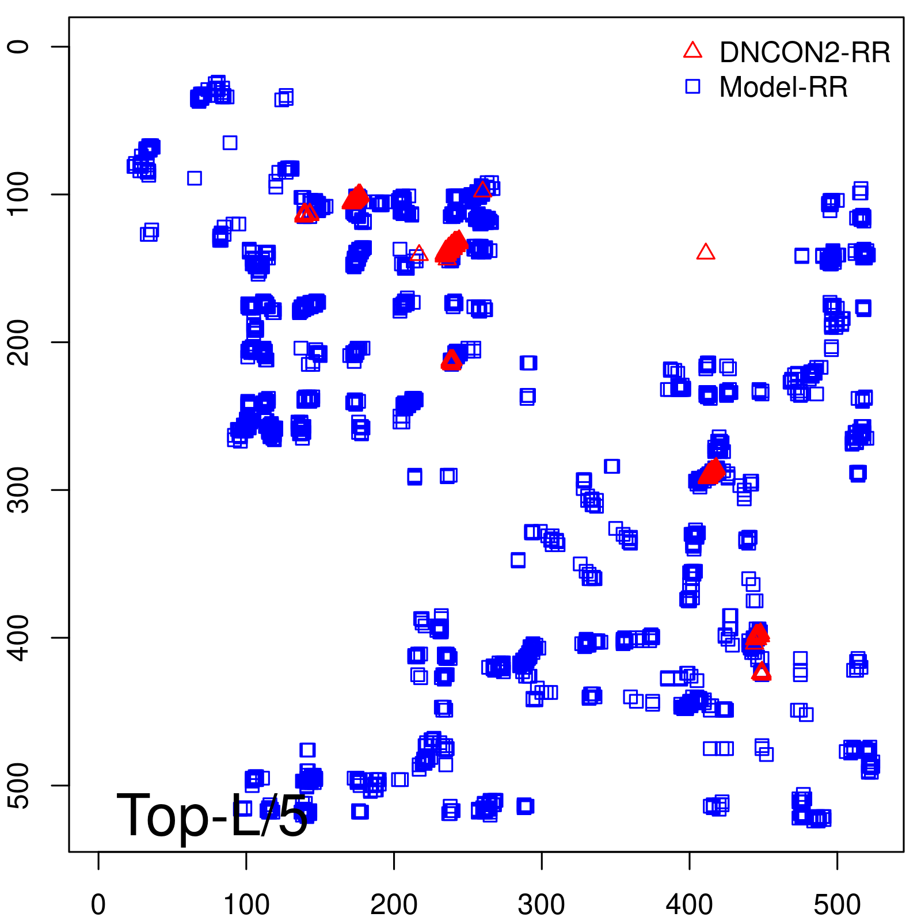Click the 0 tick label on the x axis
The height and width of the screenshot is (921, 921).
98,905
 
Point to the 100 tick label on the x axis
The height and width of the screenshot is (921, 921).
246,905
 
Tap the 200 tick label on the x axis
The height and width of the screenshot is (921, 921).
394,905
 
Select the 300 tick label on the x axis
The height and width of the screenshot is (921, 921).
542,905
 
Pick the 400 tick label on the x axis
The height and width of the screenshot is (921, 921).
690,905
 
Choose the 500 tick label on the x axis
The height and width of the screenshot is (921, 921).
837,905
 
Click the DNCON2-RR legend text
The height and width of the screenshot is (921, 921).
805,52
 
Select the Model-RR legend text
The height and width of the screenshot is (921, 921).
783,87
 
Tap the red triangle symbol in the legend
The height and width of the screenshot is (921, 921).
692,51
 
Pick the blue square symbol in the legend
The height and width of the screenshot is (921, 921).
692,86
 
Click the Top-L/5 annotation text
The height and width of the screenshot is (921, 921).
212,815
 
